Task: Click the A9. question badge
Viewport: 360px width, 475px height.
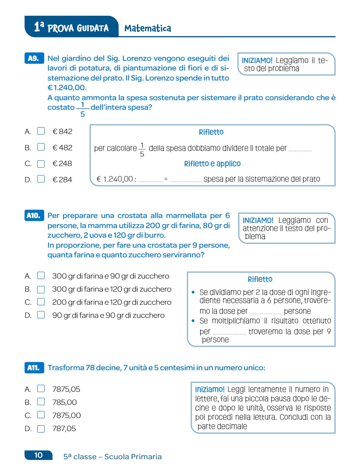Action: click(x=34, y=59)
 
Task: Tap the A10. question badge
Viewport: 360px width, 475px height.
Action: click(x=34, y=216)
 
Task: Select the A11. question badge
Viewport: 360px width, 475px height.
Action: click(x=34, y=368)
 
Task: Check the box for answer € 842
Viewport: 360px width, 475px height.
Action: click(x=41, y=131)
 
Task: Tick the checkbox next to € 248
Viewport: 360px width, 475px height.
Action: click(x=41, y=164)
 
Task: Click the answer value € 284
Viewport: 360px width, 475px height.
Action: click(x=62, y=180)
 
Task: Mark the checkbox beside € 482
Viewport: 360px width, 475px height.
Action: click(x=41, y=147)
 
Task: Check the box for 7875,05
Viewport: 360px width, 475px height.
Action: click(x=41, y=389)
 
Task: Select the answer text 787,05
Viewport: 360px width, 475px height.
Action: click(x=64, y=428)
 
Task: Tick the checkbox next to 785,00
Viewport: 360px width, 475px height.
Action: click(x=41, y=402)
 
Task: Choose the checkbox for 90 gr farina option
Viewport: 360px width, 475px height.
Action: click(x=41, y=315)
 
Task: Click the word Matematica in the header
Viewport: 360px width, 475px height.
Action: click(x=148, y=28)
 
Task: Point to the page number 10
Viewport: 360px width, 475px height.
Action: click(x=39, y=455)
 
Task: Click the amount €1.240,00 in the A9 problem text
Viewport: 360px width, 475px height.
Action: click(x=67, y=88)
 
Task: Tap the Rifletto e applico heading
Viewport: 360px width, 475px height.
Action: click(x=212, y=164)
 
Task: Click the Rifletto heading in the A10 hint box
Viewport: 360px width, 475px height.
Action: click(x=260, y=279)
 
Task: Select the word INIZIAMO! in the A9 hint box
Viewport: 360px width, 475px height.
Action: click(x=257, y=60)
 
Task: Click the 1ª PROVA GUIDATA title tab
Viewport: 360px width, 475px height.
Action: click(x=71, y=27)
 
